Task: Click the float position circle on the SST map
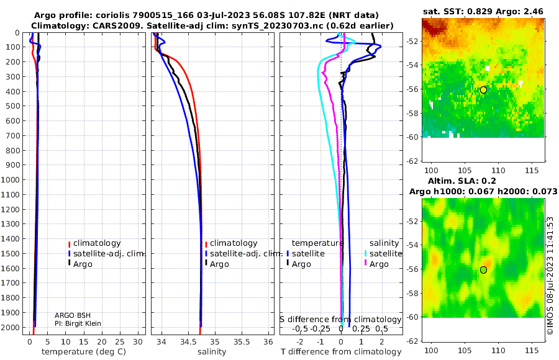point(483,90)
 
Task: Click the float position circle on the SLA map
point(483,270)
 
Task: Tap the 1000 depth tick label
point(10,179)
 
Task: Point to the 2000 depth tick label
point(10,327)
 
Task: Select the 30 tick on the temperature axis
point(138,341)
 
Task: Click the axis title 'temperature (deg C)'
point(84,352)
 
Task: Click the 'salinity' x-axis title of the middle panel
point(212,352)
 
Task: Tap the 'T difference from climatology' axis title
point(341,352)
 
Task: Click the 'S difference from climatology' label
point(340,319)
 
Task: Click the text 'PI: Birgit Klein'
point(78,323)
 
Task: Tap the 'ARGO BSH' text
point(73,315)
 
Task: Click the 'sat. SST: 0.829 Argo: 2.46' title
point(483,11)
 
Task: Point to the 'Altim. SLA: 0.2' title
point(461,181)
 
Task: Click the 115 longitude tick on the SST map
point(532,171)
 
